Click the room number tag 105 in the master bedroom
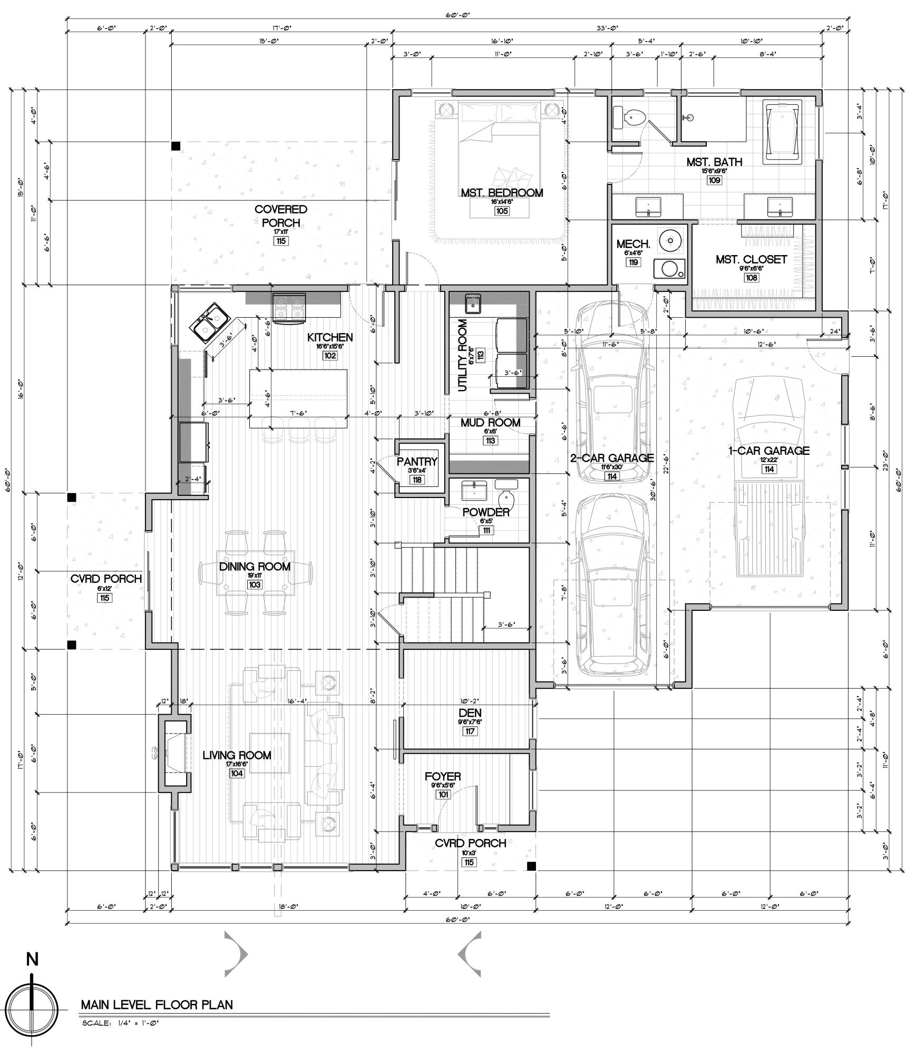pos(501,211)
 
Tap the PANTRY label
pos(417,462)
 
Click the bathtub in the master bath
pos(783,131)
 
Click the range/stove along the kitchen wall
pos(289,307)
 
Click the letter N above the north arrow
pos(33,960)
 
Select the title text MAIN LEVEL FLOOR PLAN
pos(157,1004)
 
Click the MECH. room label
pos(633,245)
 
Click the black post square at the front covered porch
pos(531,866)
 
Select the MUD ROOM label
pos(490,423)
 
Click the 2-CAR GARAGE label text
pos(612,458)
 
